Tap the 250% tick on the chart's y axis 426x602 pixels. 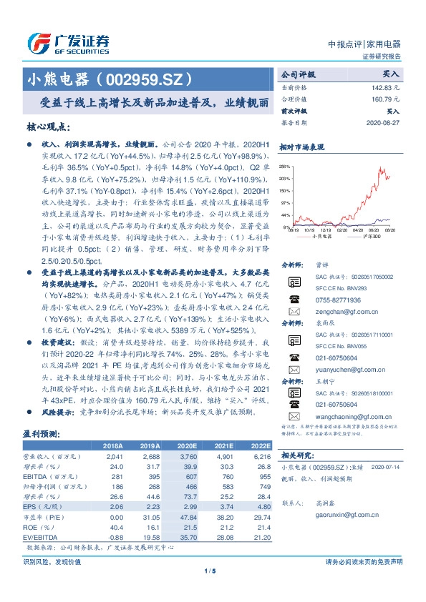284,164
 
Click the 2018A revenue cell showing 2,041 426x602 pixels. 115,455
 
